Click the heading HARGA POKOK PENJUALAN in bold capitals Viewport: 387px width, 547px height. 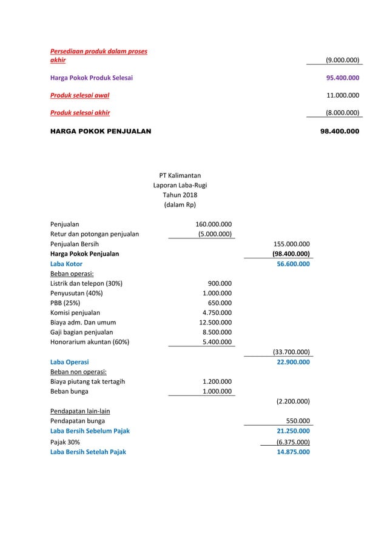pos(101,130)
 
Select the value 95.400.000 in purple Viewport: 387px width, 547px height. pos(343,78)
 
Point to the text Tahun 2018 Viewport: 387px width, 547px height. pos(180,195)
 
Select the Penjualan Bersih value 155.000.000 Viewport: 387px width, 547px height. pos(291,244)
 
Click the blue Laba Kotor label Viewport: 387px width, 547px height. pos(66,264)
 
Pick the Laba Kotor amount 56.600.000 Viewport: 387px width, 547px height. pos(292,264)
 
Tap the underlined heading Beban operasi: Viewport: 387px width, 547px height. pos(71,273)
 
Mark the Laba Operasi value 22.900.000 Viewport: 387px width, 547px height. pos(292,362)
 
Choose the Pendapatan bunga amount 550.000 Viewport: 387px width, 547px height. pos(298,421)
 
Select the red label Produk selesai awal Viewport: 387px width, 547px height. pos(79,95)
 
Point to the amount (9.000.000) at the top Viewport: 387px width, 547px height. pos(342,61)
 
